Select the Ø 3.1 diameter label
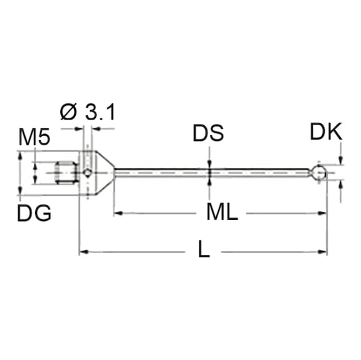point(88,113)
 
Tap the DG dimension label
point(34,213)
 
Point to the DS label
point(208,133)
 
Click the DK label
point(326,131)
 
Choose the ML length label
point(222,213)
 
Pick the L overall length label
point(203,251)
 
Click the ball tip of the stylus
point(320,172)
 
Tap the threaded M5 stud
point(66,172)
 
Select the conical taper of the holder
point(105,172)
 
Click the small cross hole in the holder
point(88,172)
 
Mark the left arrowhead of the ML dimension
point(117,213)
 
